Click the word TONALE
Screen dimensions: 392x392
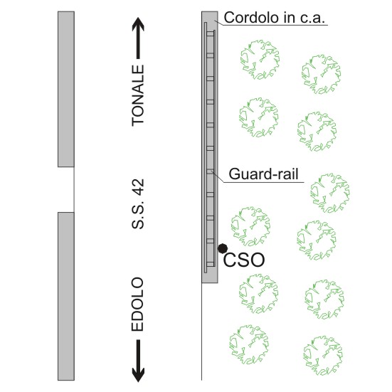138,96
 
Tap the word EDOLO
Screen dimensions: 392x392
138,304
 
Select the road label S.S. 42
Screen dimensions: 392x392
138,203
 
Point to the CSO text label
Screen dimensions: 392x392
244,260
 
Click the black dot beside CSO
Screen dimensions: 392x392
223,248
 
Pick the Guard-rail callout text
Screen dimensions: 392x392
263,174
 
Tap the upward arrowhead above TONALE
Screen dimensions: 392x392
138,24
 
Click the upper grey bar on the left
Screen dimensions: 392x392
66,89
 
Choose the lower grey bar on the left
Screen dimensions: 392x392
66,296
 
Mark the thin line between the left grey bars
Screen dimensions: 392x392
74,189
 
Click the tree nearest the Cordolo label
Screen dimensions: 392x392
260,60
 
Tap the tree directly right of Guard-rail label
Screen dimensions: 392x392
330,193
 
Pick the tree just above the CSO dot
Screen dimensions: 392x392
250,226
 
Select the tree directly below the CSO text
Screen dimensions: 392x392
258,294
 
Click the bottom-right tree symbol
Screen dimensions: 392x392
322,356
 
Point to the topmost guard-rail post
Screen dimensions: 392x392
211,34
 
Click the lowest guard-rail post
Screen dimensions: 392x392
211,264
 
